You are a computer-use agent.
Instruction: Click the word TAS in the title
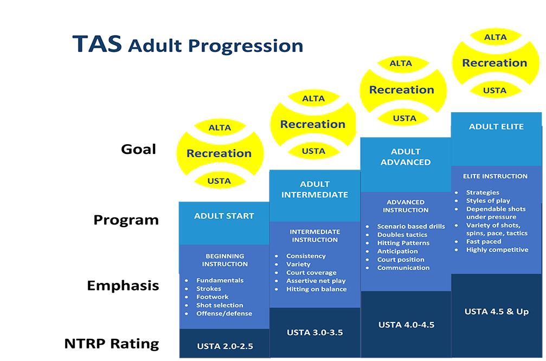point(97,44)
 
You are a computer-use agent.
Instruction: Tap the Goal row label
point(138,149)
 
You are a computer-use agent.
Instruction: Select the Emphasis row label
point(123,286)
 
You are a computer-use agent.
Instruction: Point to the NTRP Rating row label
point(112,344)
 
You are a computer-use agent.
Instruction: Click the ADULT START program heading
point(224,216)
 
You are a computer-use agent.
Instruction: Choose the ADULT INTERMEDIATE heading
point(315,189)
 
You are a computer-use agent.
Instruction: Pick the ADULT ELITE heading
point(496,127)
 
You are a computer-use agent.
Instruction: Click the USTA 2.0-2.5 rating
point(225,346)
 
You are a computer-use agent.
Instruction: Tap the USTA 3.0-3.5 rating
point(315,332)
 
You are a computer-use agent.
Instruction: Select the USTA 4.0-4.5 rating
point(406,325)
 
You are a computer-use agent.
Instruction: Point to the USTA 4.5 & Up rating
point(497,312)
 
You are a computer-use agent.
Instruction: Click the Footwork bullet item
point(213,297)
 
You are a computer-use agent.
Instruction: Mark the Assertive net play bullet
point(316,281)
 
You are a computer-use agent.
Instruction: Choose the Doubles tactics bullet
point(402,235)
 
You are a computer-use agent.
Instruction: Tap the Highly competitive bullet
point(497,249)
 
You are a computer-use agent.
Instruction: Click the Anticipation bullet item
point(397,252)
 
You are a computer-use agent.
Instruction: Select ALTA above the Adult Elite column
point(495,37)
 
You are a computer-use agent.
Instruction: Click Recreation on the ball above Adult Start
point(219,153)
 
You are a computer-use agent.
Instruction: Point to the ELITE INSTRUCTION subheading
point(495,176)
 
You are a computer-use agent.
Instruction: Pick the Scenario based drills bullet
point(411,226)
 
